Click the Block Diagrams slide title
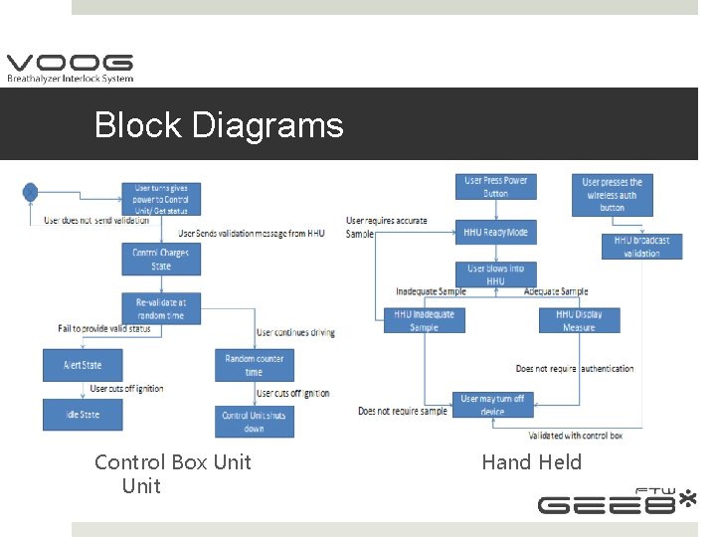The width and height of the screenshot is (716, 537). (x=219, y=125)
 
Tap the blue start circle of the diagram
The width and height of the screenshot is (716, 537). (x=31, y=192)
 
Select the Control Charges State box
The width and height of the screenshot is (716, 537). (x=160, y=259)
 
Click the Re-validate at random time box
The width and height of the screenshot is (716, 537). (x=160, y=307)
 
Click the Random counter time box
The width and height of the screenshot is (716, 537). (x=255, y=365)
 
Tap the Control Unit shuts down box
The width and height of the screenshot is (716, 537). (x=255, y=422)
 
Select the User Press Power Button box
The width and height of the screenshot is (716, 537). (x=495, y=187)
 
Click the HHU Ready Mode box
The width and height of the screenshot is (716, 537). (x=495, y=232)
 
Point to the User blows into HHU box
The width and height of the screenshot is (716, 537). (x=495, y=274)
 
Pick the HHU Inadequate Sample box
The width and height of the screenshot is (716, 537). (x=424, y=320)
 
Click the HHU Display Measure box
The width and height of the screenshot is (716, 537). (x=579, y=320)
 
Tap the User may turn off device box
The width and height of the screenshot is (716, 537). (x=491, y=404)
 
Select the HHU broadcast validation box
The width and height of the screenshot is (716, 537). (x=641, y=246)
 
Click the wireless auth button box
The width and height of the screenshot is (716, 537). (x=612, y=195)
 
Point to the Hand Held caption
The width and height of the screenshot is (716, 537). (x=531, y=461)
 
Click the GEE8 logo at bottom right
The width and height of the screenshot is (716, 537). (x=617, y=501)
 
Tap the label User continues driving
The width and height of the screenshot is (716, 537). (x=295, y=332)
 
